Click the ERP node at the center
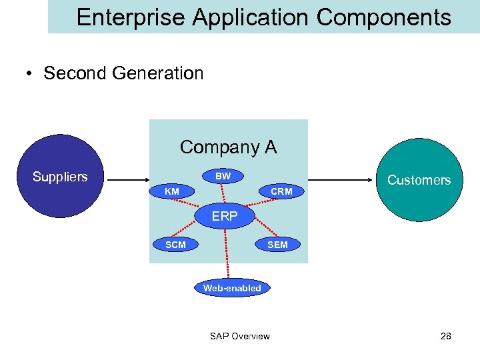pos(225,217)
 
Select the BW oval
pos(223,177)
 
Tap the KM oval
pos(172,192)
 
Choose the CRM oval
pos(281,192)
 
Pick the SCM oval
pos(175,245)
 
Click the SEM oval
pos(277,245)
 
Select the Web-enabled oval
pos(232,288)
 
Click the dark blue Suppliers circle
pos(60,177)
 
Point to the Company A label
pos(228,147)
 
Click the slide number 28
pos(445,336)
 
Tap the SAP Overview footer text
pos(240,336)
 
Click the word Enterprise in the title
pos(131,17)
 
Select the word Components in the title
pos(383,17)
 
